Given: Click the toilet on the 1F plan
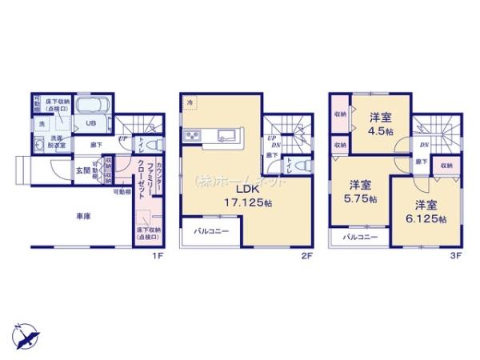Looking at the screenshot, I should click(x=157, y=144).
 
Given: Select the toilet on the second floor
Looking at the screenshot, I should click(x=302, y=166).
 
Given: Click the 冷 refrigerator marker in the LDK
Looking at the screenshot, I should click(x=190, y=103).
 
